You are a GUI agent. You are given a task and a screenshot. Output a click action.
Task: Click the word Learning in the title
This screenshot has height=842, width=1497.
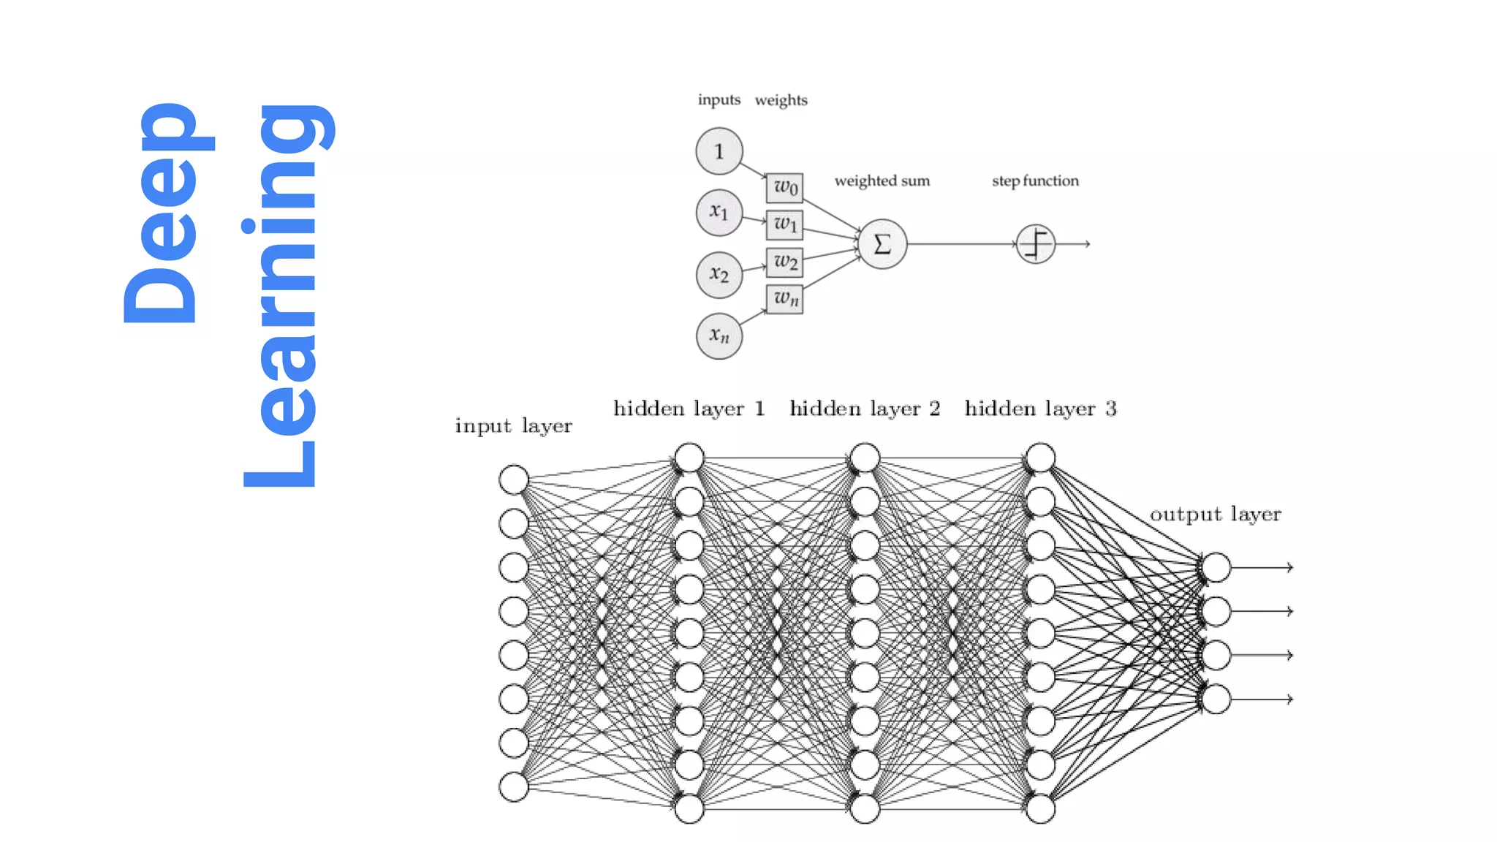click(281, 296)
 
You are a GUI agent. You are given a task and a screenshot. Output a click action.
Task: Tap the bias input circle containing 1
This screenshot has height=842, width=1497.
click(719, 151)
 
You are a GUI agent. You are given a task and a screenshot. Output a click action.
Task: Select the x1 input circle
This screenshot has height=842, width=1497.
click(719, 213)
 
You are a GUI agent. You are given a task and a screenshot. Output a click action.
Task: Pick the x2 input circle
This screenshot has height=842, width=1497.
click(719, 275)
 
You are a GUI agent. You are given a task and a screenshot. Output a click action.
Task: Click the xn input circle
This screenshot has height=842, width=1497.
click(719, 336)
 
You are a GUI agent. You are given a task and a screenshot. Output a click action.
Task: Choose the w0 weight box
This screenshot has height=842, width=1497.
click(784, 188)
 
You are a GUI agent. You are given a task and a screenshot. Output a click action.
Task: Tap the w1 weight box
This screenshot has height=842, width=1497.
click(784, 224)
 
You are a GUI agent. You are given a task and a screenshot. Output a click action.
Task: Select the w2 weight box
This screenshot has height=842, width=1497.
click(784, 262)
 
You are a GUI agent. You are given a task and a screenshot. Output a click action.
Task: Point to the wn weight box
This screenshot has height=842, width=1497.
click(784, 299)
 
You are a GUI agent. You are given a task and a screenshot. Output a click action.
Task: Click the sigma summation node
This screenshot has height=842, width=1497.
click(882, 244)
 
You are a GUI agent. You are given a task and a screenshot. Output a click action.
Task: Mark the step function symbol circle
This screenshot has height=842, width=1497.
click(1035, 244)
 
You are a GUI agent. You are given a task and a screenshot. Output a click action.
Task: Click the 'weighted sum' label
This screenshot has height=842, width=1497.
click(882, 181)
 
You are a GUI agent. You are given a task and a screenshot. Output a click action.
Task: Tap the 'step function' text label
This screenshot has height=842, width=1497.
click(1034, 181)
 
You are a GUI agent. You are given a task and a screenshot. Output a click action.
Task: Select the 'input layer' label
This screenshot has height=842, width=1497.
click(513, 426)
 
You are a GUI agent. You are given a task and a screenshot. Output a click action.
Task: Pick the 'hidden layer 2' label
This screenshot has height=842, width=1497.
click(864, 409)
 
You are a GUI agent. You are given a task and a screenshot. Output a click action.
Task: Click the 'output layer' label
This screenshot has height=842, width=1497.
click(1215, 515)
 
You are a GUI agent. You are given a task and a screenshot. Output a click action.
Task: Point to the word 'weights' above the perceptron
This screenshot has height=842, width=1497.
click(781, 100)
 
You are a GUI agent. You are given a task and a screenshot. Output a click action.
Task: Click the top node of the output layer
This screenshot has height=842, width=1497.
click(1216, 567)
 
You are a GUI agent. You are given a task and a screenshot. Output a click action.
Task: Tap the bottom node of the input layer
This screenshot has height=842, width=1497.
click(514, 786)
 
